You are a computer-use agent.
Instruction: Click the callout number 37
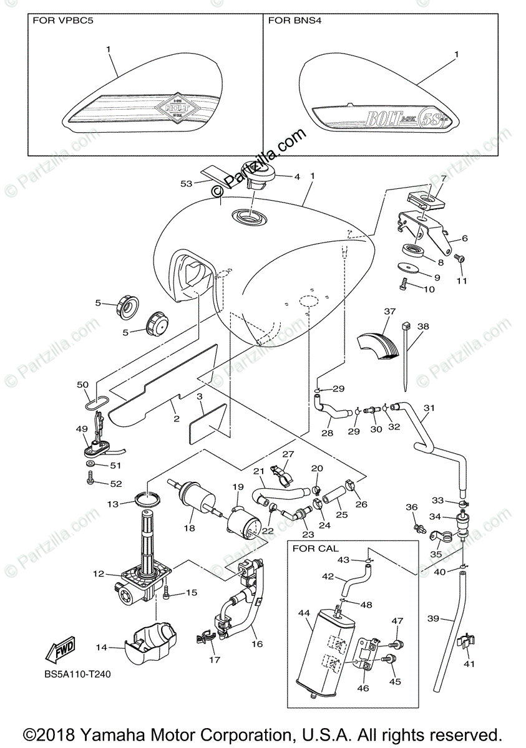(x=390, y=311)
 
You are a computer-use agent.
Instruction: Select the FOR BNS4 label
(x=291, y=21)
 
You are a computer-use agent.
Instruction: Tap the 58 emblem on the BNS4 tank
(x=431, y=118)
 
